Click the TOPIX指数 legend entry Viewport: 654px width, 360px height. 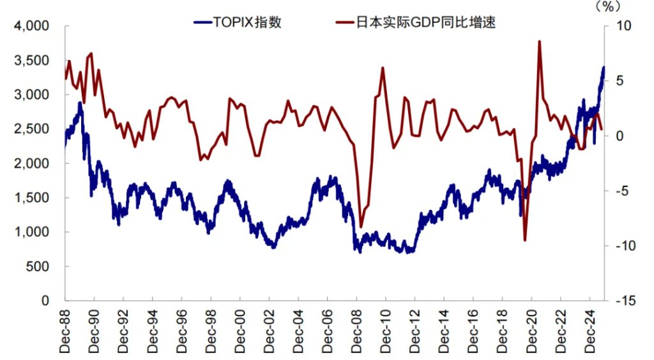pos(238,23)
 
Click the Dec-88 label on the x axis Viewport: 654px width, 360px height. pos(65,330)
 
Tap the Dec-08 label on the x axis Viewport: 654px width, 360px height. pos(356,330)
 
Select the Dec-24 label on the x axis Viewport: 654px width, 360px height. pos(588,330)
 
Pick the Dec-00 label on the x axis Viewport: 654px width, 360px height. pos(240,330)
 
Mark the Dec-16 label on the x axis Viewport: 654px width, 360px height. pos(472,330)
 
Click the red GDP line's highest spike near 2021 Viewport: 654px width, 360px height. pos(540,41)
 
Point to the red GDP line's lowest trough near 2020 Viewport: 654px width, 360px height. pos(525,241)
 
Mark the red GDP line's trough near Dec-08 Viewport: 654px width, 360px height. pos(361,227)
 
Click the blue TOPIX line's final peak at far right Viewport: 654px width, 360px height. pos(604,67)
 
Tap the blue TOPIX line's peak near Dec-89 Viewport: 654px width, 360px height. pos(80,102)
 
